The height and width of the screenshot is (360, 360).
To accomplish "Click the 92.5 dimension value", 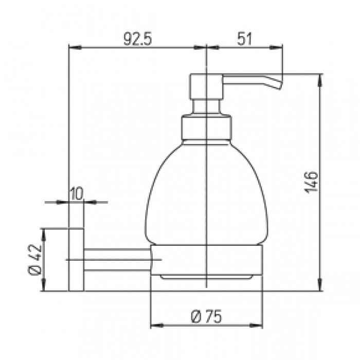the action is pos(138,39).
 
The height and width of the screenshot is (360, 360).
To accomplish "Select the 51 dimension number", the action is pos(244,39).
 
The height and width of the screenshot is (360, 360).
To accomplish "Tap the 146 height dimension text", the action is pos(311,182).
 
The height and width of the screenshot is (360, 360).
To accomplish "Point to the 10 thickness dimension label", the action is pos(76,194).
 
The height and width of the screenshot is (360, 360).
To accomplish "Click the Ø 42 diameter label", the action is pos(34,259).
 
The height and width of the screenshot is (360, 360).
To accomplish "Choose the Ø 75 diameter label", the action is pos(206,316).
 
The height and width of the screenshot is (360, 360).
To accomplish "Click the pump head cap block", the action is pos(206,86).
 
